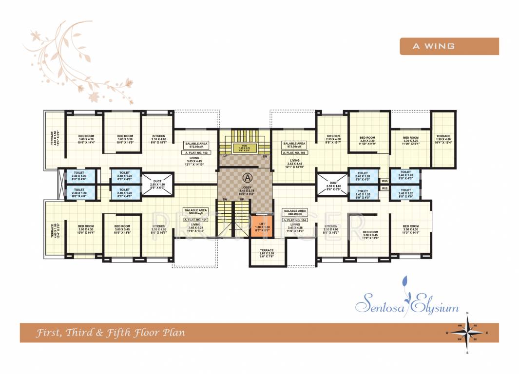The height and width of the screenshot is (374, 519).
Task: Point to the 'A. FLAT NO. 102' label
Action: (x=195, y=152)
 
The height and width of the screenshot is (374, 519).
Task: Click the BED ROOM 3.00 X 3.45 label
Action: (x=122, y=228)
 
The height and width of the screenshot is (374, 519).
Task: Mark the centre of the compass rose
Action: (x=466, y=332)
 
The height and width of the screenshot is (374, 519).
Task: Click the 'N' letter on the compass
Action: (x=467, y=313)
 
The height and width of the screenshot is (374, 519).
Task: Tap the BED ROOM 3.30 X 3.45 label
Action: (x=370, y=235)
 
